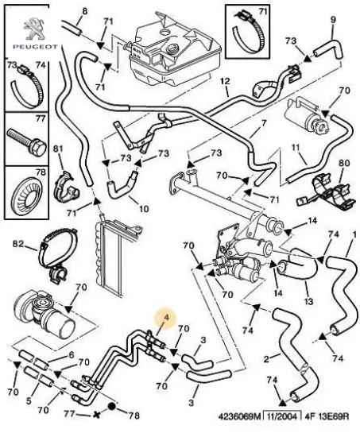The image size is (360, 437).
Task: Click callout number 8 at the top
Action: pos(85,11)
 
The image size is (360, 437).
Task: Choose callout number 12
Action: pos(224,82)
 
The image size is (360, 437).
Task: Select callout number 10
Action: pos(144,209)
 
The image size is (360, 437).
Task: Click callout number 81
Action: pos(57,149)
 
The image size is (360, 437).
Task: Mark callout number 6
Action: pos(72,357)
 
